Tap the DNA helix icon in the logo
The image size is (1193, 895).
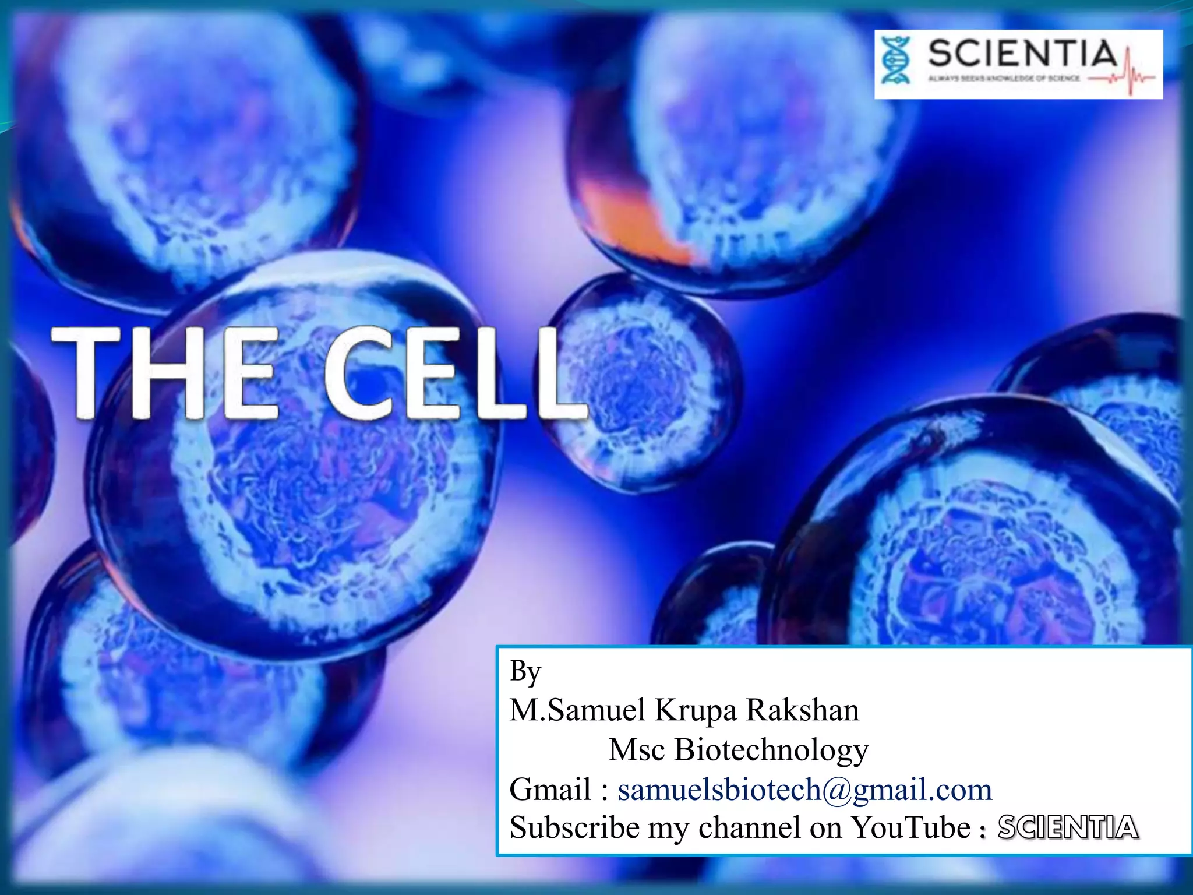pyautogui.click(x=895, y=61)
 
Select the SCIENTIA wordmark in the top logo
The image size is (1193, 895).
pyautogui.click(x=1022, y=54)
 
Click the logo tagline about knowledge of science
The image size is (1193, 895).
pyautogui.click(x=1004, y=78)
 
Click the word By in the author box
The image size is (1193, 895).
pyautogui.click(x=525, y=671)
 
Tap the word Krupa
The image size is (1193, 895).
pyautogui.click(x=696, y=710)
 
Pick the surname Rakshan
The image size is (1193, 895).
pyautogui.click(x=803, y=710)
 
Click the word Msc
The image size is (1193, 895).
pyautogui.click(x=636, y=749)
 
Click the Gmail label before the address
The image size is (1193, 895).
pyautogui.click(x=550, y=790)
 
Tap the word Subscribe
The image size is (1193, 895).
pyautogui.click(x=574, y=827)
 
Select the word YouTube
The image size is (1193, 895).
pyautogui.click(x=910, y=827)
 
